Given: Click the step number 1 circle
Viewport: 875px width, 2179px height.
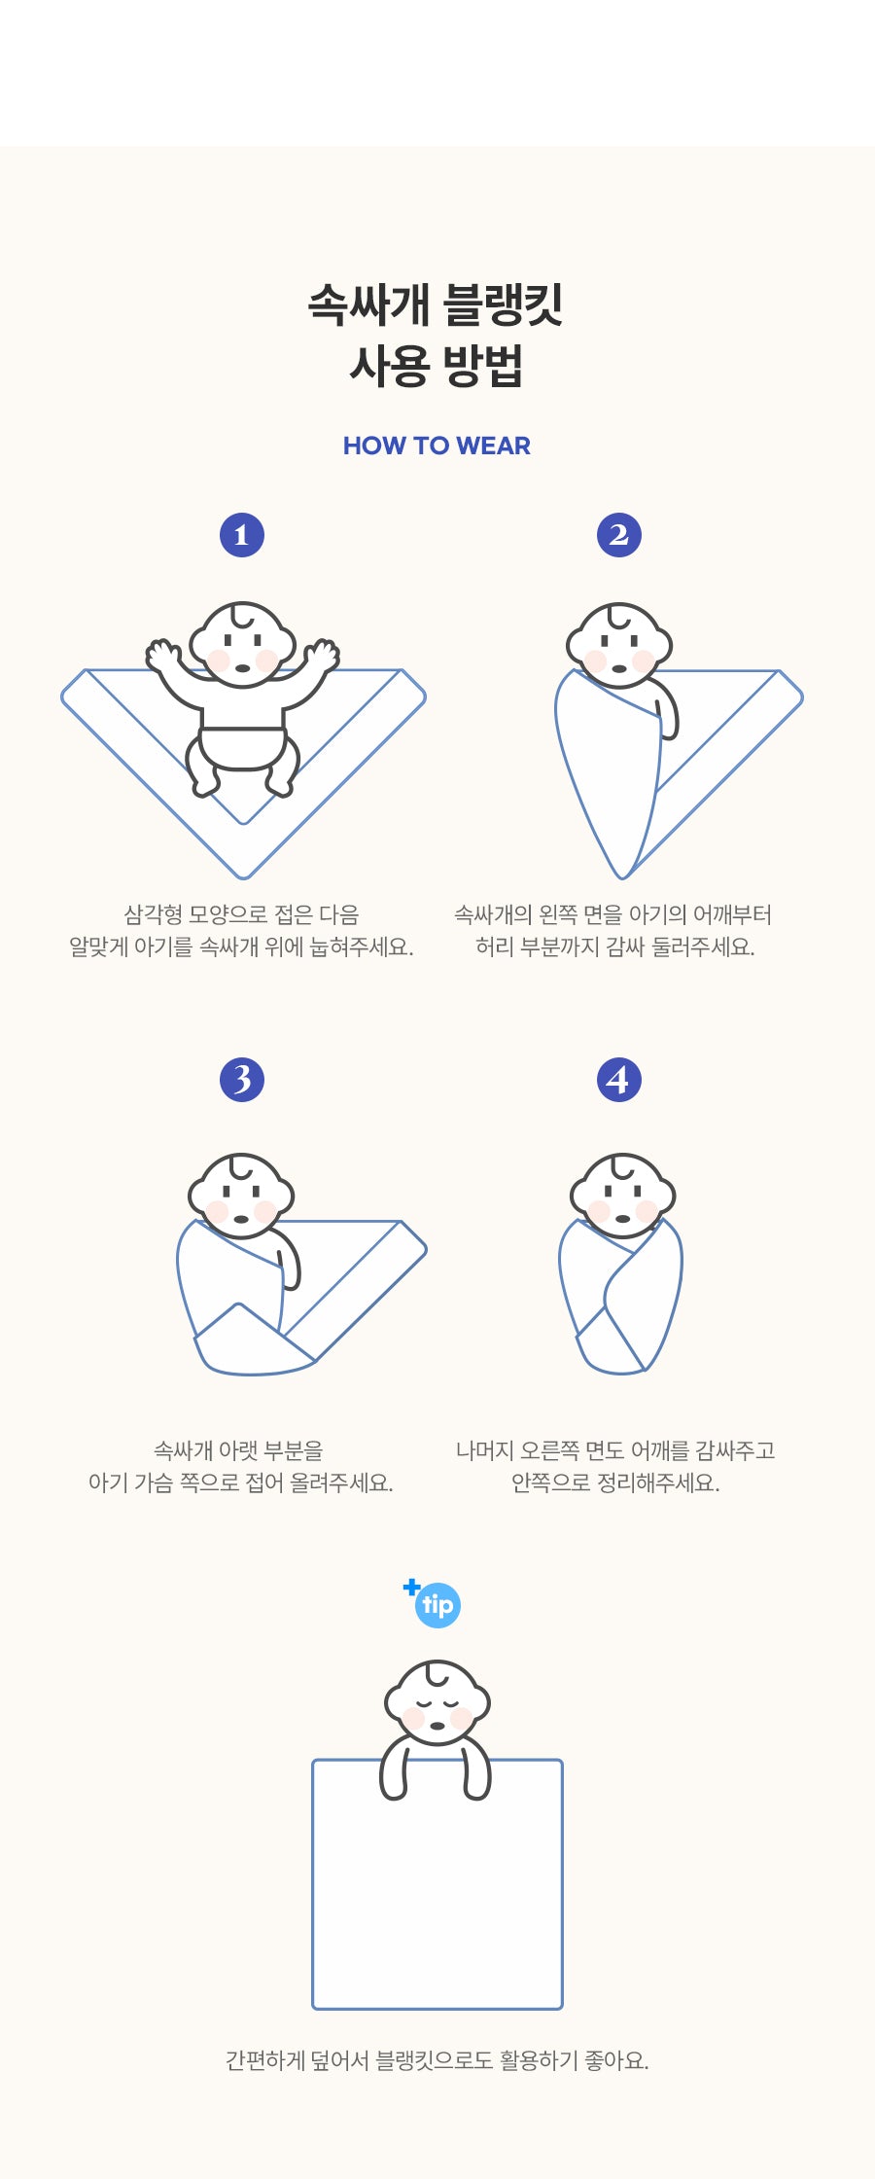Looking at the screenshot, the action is click(242, 535).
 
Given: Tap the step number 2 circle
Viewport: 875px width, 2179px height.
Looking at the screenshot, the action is click(619, 535).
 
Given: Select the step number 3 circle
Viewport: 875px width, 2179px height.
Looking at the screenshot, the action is click(242, 1080).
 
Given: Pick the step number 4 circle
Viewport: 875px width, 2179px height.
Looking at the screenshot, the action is click(619, 1080).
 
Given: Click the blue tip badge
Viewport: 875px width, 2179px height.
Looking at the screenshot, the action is click(437, 1605).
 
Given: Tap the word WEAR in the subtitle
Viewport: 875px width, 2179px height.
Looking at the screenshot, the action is click(493, 446).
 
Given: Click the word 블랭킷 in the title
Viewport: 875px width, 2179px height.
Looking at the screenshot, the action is click(504, 304).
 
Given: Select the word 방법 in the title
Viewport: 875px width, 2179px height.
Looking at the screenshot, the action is click(483, 367).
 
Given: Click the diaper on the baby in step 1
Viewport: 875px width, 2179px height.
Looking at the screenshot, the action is click(243, 747).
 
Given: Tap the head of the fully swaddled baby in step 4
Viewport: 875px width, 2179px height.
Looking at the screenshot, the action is click(622, 1196).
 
